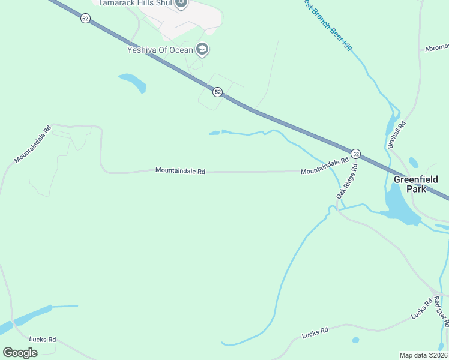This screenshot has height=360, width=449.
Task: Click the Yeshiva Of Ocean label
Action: click(159, 50)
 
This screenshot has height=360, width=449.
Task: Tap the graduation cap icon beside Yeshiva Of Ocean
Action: click(202, 49)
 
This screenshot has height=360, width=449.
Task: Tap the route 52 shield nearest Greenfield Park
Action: click(355, 154)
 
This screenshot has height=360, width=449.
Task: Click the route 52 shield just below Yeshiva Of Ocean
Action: click(217, 92)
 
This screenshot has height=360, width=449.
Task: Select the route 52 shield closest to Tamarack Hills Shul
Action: click(86, 19)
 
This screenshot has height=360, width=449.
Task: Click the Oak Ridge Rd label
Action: click(347, 182)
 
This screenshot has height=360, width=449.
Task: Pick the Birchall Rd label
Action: click(397, 135)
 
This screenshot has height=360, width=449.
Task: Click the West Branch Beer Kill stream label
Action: click(327, 25)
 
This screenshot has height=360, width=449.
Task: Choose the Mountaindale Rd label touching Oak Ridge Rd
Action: click(325, 167)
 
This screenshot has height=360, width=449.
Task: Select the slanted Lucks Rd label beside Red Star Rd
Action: click(422, 308)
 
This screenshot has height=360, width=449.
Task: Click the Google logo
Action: click(20, 352)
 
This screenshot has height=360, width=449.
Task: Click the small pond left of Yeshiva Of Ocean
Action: click(133, 83)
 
